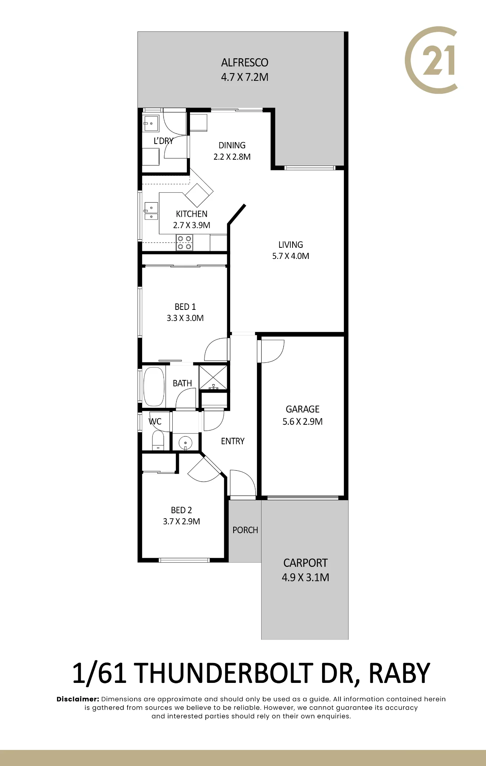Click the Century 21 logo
click(431, 60)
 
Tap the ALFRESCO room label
click(245, 62)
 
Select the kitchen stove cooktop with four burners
click(184, 243)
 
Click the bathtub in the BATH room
click(154, 387)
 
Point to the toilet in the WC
click(158, 440)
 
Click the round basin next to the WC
click(185, 443)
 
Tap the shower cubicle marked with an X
click(213, 378)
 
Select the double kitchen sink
click(151, 211)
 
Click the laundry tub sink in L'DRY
click(151, 123)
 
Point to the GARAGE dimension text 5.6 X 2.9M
click(303, 422)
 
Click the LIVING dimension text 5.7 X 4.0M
click(291, 256)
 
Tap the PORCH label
click(245, 530)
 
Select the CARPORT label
click(306, 563)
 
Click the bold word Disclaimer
click(78, 699)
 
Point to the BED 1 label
click(185, 307)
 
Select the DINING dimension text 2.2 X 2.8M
click(232, 157)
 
